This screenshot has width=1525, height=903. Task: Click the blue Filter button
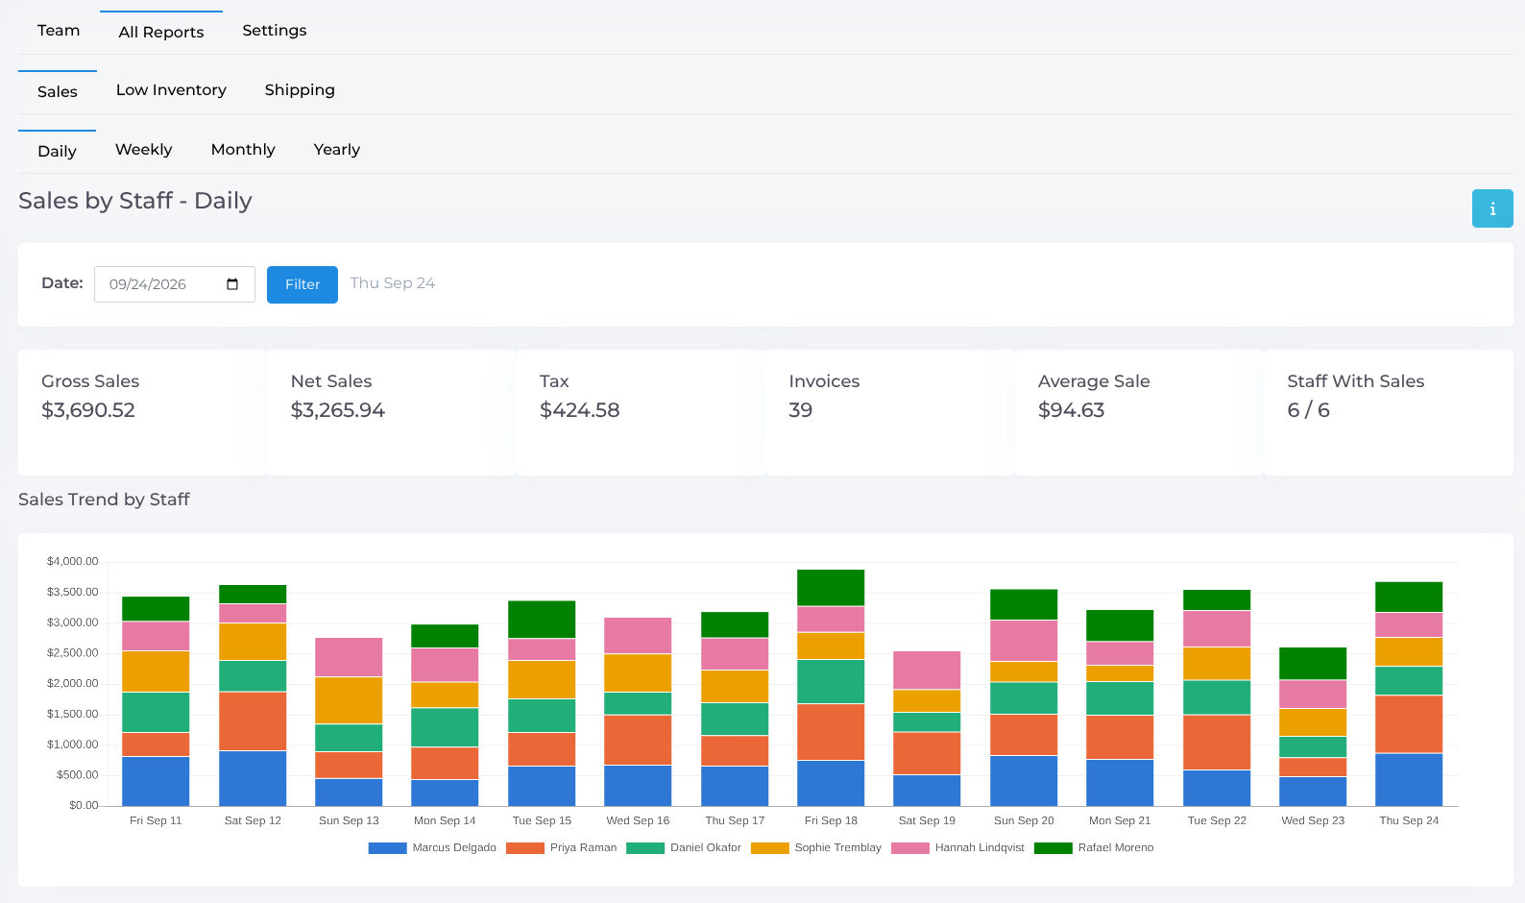(303, 284)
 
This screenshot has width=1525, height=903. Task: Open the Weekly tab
(144, 150)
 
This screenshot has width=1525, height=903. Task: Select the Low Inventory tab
(171, 90)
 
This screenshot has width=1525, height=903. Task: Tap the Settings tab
(275, 31)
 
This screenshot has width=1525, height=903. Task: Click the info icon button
(1492, 208)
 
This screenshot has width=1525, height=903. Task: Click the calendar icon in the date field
(232, 284)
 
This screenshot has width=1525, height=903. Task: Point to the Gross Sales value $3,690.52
(88, 410)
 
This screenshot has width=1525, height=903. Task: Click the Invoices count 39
(801, 410)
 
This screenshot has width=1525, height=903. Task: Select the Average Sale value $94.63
(1071, 410)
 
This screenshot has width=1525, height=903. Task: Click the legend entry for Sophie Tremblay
(816, 848)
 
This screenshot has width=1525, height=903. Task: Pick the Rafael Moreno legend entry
(1094, 848)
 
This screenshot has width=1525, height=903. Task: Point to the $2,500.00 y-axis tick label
(72, 653)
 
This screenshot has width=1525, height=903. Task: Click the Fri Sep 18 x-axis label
(831, 820)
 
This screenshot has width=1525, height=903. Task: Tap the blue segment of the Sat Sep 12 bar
(253, 778)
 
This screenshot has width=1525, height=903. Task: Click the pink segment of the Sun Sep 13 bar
(349, 657)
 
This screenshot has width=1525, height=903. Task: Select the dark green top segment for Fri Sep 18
(831, 588)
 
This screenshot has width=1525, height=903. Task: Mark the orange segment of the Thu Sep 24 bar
(1409, 724)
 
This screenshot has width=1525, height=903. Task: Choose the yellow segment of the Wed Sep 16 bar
(638, 672)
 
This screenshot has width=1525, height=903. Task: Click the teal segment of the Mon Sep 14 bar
(445, 727)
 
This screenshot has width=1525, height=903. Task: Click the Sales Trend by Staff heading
(104, 500)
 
